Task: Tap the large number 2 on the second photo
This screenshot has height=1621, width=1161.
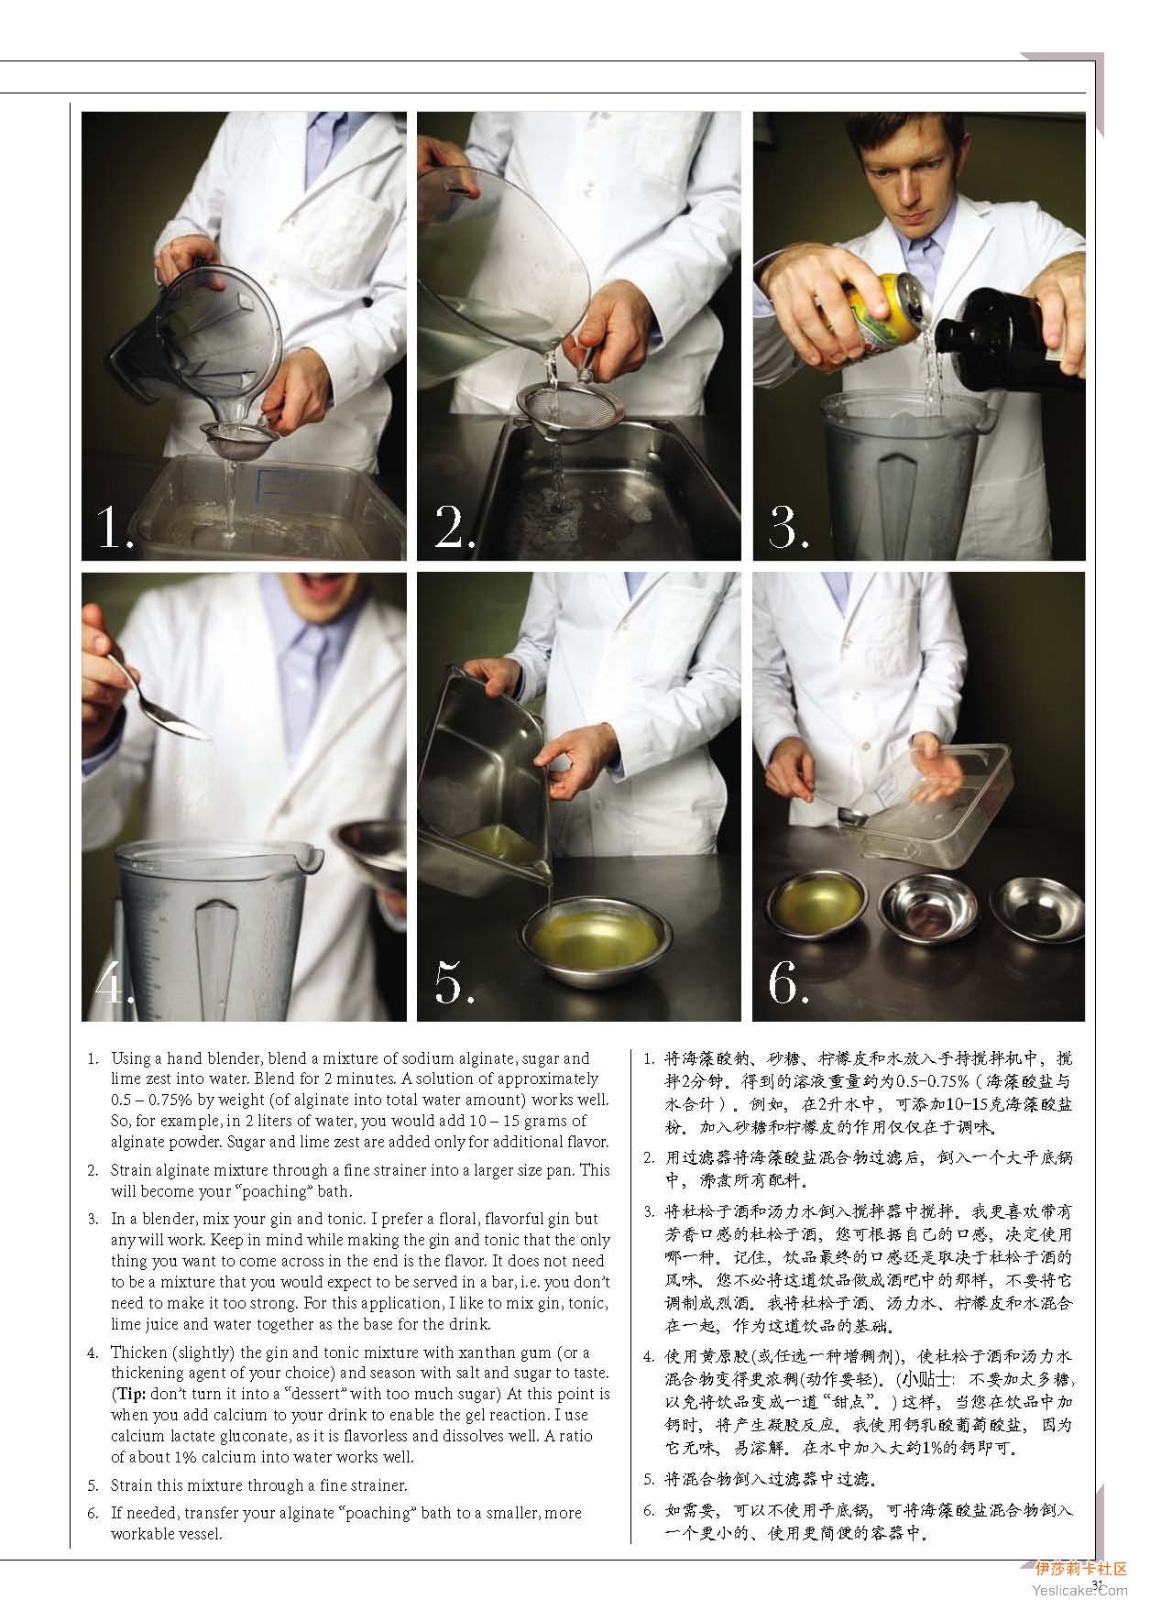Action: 452,528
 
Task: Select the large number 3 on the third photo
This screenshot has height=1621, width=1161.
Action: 788,528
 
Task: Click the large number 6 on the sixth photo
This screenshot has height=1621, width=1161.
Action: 788,983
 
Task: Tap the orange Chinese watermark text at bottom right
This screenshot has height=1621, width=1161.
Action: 1081,1570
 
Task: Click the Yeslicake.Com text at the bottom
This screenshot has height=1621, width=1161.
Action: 1079,1591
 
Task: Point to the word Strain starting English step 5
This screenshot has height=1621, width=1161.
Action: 130,1485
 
